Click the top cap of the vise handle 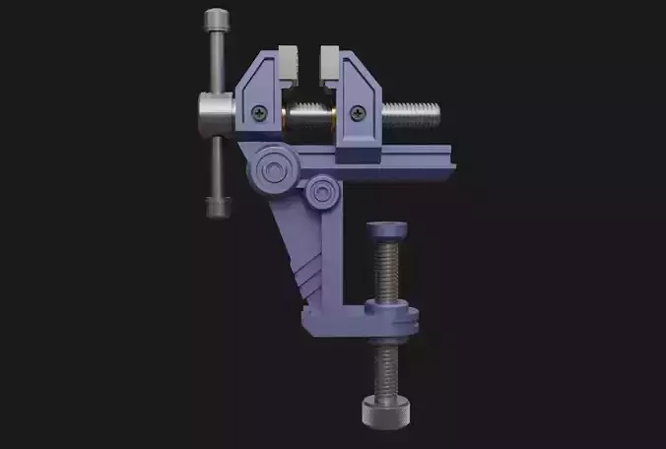click(217, 20)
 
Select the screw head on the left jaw click(259, 111)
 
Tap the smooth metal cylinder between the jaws click(309, 122)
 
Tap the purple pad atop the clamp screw click(387, 233)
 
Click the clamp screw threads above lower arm click(387, 271)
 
